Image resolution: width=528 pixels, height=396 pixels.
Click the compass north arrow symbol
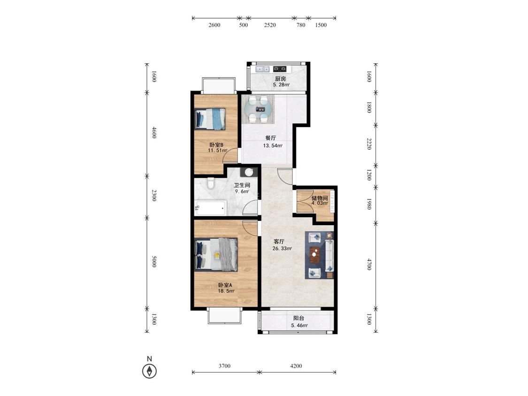tap(149, 371)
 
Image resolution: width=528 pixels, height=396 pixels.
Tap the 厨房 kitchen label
tap(281, 79)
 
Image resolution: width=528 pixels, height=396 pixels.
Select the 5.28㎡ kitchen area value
tap(281, 85)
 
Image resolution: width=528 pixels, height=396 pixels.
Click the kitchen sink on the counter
tap(262, 69)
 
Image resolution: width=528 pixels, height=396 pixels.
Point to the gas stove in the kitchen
tap(280, 69)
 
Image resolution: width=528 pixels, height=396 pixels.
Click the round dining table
tap(259, 109)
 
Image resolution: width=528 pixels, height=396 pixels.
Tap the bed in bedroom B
tap(210, 119)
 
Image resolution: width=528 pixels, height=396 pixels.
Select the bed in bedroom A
tap(216, 255)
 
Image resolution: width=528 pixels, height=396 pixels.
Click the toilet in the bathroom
tap(211, 183)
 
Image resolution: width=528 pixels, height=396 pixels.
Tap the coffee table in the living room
tap(314, 255)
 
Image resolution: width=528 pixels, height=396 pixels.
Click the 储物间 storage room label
tap(320, 198)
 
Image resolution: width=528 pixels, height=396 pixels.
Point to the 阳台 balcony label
tap(298, 318)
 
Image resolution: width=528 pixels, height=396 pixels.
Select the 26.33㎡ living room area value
tap(282, 249)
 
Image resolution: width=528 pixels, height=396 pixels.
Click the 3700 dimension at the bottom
tap(225, 366)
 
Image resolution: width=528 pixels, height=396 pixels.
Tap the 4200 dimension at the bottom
tap(296, 366)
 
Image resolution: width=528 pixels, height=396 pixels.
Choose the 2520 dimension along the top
tap(270, 25)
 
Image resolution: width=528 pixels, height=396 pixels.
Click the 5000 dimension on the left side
tap(154, 262)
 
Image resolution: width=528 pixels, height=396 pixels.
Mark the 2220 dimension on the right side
tap(369, 144)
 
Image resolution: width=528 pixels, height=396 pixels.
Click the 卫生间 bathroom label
tap(242, 185)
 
